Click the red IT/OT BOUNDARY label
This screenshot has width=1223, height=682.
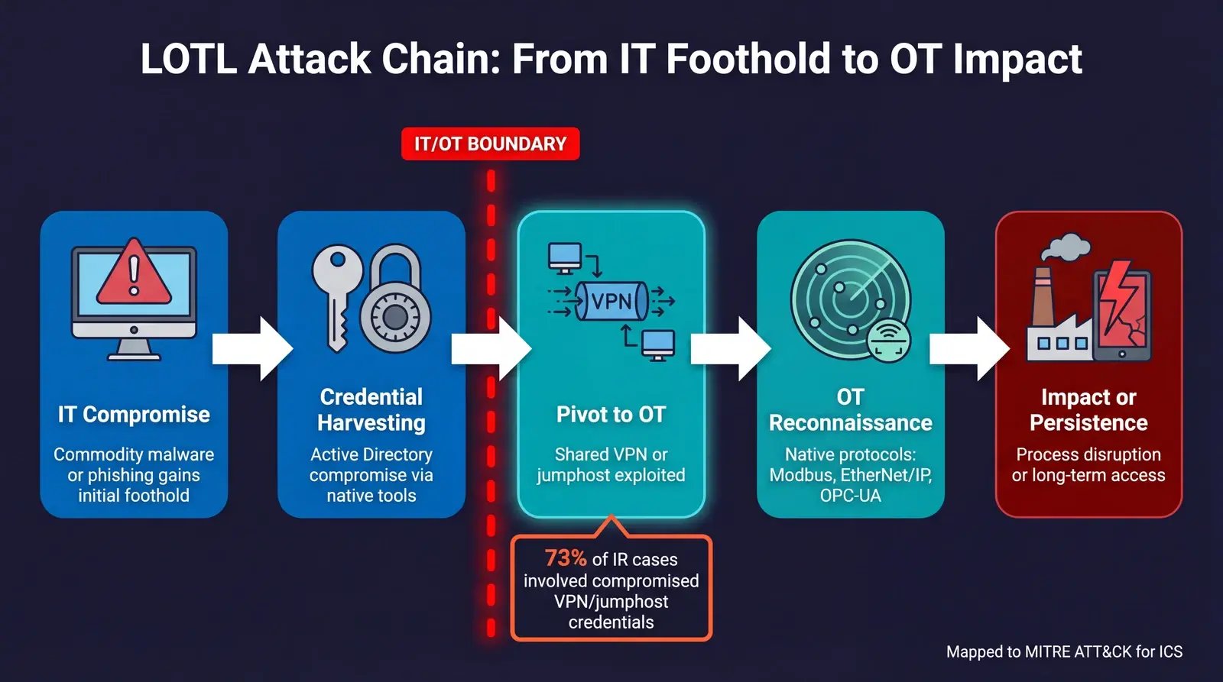point(490,144)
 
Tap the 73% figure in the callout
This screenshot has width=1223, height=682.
point(566,558)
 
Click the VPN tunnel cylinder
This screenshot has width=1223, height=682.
point(611,301)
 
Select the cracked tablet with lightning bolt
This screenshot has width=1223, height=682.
point(1121,313)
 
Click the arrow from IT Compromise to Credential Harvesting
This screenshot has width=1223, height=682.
point(252,349)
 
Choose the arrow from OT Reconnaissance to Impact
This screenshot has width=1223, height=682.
point(969,349)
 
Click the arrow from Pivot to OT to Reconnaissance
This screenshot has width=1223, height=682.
point(730,349)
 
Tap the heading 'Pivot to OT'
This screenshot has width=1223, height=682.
point(611,415)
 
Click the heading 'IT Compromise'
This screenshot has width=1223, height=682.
point(134,415)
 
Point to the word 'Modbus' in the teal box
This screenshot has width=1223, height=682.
point(800,475)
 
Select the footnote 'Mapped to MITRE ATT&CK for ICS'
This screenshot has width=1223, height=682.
point(1064,651)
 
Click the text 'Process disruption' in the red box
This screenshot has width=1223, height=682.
point(1088,454)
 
